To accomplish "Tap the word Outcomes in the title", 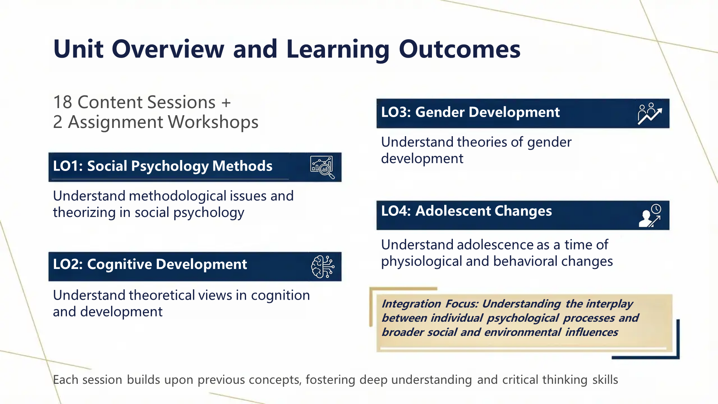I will click(x=460, y=49).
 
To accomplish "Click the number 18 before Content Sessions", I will click(x=62, y=102).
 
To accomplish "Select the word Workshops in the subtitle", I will click(x=213, y=122).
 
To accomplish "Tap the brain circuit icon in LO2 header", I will click(x=323, y=267).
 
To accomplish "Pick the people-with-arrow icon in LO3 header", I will click(x=650, y=114).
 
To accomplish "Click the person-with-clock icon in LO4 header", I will click(x=650, y=215).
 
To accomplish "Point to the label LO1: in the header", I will click(x=68, y=166).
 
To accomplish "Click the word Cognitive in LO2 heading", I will click(x=120, y=264).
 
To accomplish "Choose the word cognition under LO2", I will click(x=280, y=296).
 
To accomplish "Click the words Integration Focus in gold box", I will click(x=430, y=304).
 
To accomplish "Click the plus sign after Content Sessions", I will click(x=226, y=102).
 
